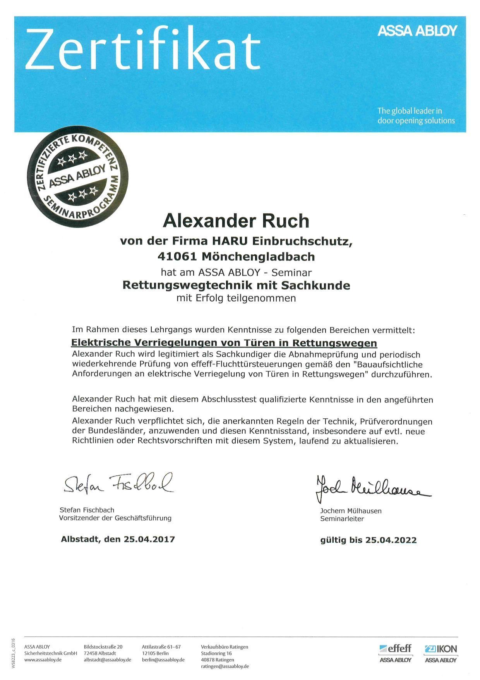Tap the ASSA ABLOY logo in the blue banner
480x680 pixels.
[417, 31]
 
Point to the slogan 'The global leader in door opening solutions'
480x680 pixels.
[416, 116]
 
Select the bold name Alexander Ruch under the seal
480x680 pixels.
[236, 221]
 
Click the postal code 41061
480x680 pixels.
[177, 257]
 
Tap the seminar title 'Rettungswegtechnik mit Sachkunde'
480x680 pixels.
[236, 285]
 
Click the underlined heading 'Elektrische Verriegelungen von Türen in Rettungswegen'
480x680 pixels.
[224, 343]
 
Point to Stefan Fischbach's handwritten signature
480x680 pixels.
[118, 483]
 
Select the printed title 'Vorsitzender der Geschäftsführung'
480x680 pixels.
[115, 518]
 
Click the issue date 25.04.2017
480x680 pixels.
[149, 539]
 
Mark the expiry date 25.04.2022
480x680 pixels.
[391, 540]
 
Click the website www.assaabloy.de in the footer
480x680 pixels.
[43, 660]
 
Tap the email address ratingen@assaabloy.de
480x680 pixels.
[225, 666]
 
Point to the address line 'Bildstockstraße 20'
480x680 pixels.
[103, 647]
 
